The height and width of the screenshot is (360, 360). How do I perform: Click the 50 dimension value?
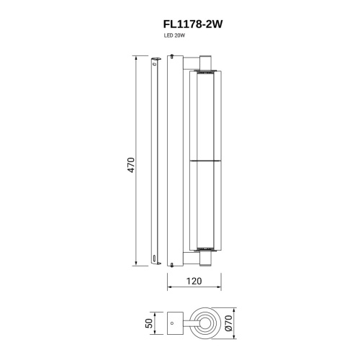coord(150,323)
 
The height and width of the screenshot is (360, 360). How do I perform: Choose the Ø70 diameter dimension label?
coord(230,323)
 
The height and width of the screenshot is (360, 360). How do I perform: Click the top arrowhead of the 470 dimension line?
coord(138,56)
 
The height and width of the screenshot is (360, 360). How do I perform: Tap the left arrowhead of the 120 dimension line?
coord(170,289)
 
